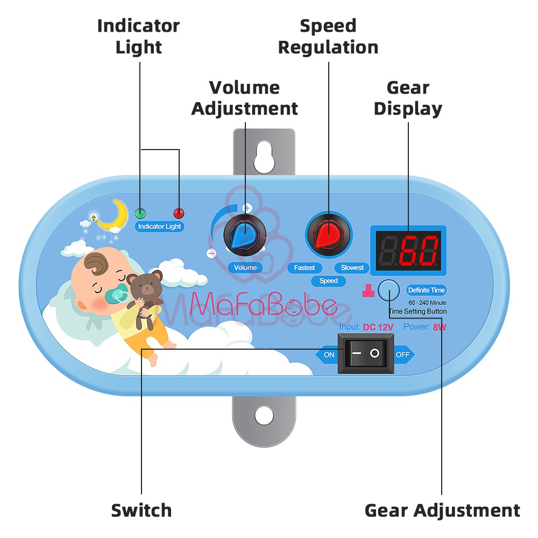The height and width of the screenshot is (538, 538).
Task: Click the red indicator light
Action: tap(178, 212)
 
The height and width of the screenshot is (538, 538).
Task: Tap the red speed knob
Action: tap(328, 235)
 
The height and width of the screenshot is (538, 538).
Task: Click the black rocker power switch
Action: tap(365, 353)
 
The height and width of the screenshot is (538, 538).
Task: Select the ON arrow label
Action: tap(328, 355)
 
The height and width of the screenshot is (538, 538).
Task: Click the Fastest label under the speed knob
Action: tap(305, 267)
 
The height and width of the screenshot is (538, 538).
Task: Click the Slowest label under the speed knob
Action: tap(352, 267)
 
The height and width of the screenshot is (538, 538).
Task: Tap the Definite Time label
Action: tap(427, 290)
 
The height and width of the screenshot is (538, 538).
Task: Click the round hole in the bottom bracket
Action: tap(264, 415)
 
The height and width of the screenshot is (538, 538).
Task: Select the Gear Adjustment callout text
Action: tap(442, 510)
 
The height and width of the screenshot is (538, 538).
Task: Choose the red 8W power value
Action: tap(440, 327)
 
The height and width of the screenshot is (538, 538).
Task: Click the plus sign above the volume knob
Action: tap(247, 207)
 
